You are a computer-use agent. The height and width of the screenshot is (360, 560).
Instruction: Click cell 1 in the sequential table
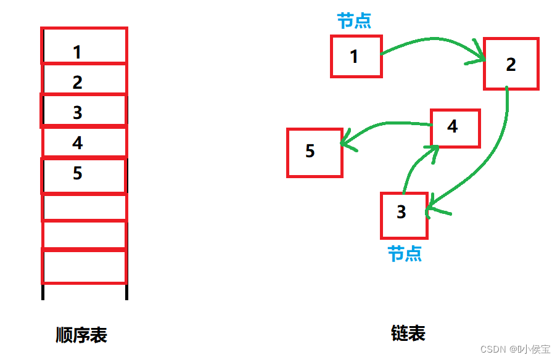coord(84,46)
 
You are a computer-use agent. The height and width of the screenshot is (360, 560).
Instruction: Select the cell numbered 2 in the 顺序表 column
coord(84,80)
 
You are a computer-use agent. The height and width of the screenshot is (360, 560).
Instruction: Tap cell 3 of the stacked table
coord(84,111)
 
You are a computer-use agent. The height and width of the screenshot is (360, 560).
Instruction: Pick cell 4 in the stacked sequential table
coord(84,142)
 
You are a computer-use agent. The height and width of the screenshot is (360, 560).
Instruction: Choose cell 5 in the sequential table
coord(84,174)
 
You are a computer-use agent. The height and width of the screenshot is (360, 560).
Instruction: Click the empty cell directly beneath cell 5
coord(84,207)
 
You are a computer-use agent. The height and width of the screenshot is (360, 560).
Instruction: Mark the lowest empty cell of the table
coord(84,266)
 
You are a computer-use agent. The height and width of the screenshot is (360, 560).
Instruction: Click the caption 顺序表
coord(81,335)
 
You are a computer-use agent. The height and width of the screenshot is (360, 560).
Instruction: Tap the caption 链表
coord(408,333)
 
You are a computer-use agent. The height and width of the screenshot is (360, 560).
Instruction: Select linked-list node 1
coord(356,56)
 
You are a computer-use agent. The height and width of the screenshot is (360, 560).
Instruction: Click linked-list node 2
coord(511,64)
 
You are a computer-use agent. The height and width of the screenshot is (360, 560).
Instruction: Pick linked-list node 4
coord(455,128)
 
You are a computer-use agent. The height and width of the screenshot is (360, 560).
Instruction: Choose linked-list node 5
coord(315,152)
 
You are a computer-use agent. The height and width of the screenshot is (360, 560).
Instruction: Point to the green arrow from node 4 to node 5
coord(385,125)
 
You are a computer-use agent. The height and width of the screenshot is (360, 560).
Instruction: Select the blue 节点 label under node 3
coord(405,253)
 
